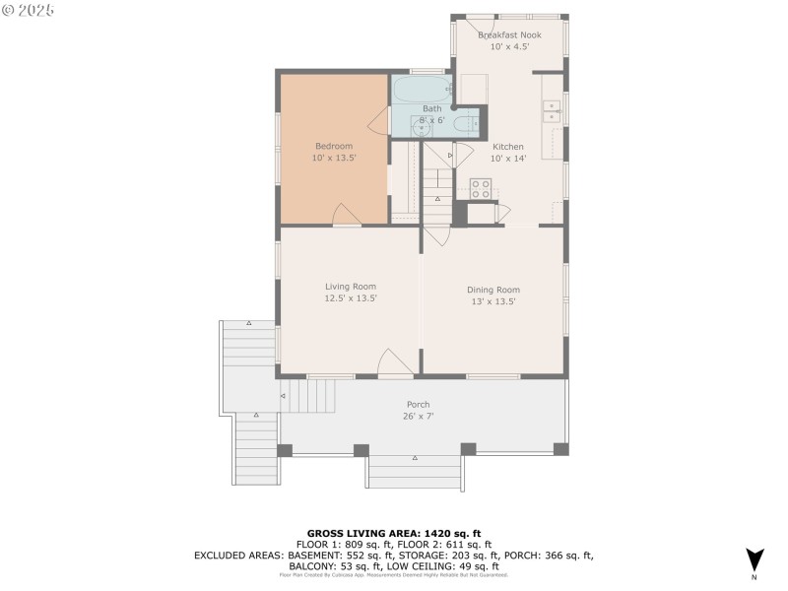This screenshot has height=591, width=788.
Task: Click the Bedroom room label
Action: coord(333,147)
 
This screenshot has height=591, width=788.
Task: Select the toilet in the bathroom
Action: coord(465,124)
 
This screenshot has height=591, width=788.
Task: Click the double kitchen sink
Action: coord(553,110)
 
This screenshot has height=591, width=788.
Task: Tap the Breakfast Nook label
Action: coord(509,34)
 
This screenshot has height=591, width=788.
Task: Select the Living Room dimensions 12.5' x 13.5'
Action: coord(351,297)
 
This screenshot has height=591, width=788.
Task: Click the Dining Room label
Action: coord(492,290)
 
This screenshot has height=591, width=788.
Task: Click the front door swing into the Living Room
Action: coord(393,362)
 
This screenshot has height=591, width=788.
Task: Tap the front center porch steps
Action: coord(415,471)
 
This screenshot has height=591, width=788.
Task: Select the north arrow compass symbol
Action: coord(755,559)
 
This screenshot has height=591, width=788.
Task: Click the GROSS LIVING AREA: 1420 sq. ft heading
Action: coord(394,533)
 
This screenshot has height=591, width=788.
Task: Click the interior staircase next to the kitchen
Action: coord(437,192)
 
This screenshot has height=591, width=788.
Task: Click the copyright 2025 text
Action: coord(29,9)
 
